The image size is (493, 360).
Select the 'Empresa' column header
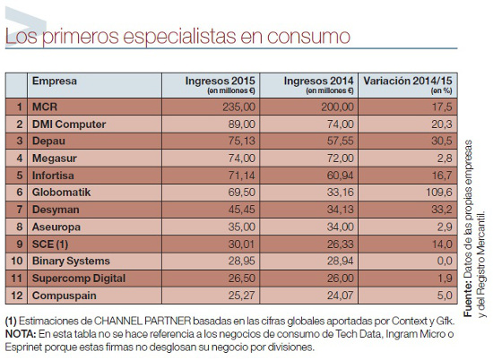pyautogui.click(x=55, y=81)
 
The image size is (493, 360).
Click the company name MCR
pyautogui.click(x=45, y=106)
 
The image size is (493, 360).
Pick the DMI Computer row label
pyautogui.click(x=69, y=123)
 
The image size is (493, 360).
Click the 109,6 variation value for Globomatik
pyautogui.click(x=433, y=191)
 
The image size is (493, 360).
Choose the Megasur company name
pyautogui.click(x=56, y=157)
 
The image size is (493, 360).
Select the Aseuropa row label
pyautogui.click(x=59, y=225)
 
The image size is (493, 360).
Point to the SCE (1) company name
pyautogui.click(x=51, y=242)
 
